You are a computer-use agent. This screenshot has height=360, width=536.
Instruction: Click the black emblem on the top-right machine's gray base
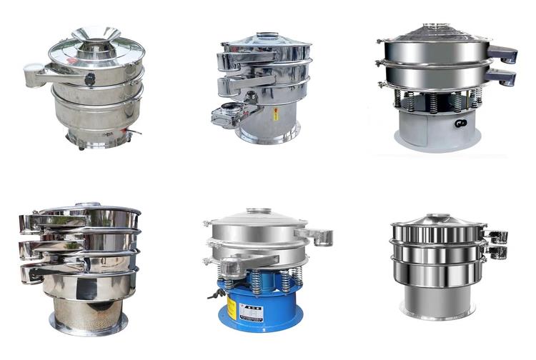pyautogui.click(x=460, y=123)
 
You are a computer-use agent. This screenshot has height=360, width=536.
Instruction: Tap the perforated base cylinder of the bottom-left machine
pyautogui.click(x=88, y=311)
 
